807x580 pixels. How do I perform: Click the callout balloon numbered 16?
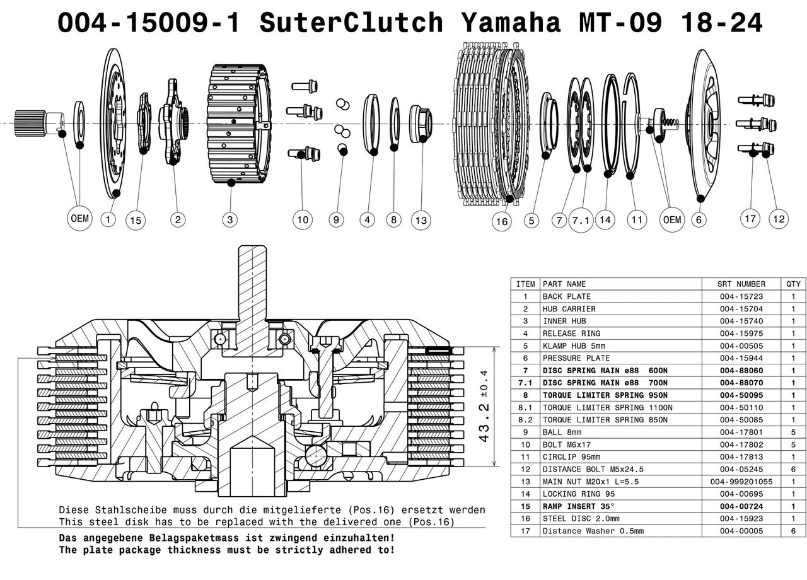tap(502, 221)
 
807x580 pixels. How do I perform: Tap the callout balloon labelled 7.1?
tap(581, 220)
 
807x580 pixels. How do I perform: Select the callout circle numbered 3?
tap(230, 219)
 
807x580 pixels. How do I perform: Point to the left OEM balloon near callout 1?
tap(79, 218)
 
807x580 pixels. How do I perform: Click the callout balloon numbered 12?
tap(779, 219)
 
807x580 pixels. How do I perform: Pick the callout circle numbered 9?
tap(336, 219)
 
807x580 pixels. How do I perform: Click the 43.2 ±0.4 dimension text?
tap(484, 406)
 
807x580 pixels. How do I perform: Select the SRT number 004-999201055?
tap(741, 482)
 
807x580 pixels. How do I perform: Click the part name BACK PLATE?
tap(567, 296)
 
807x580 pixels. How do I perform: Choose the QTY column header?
tap(793, 284)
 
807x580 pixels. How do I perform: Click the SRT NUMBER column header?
tap(741, 284)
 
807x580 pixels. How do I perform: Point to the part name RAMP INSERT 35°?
tap(579, 506)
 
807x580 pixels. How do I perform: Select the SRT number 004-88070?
tap(741, 383)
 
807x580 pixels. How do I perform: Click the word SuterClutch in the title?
tap(351, 22)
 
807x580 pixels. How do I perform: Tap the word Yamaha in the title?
tap(511, 22)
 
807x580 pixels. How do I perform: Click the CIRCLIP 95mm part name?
tap(571, 457)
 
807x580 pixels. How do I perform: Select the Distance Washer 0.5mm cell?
tap(593, 531)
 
